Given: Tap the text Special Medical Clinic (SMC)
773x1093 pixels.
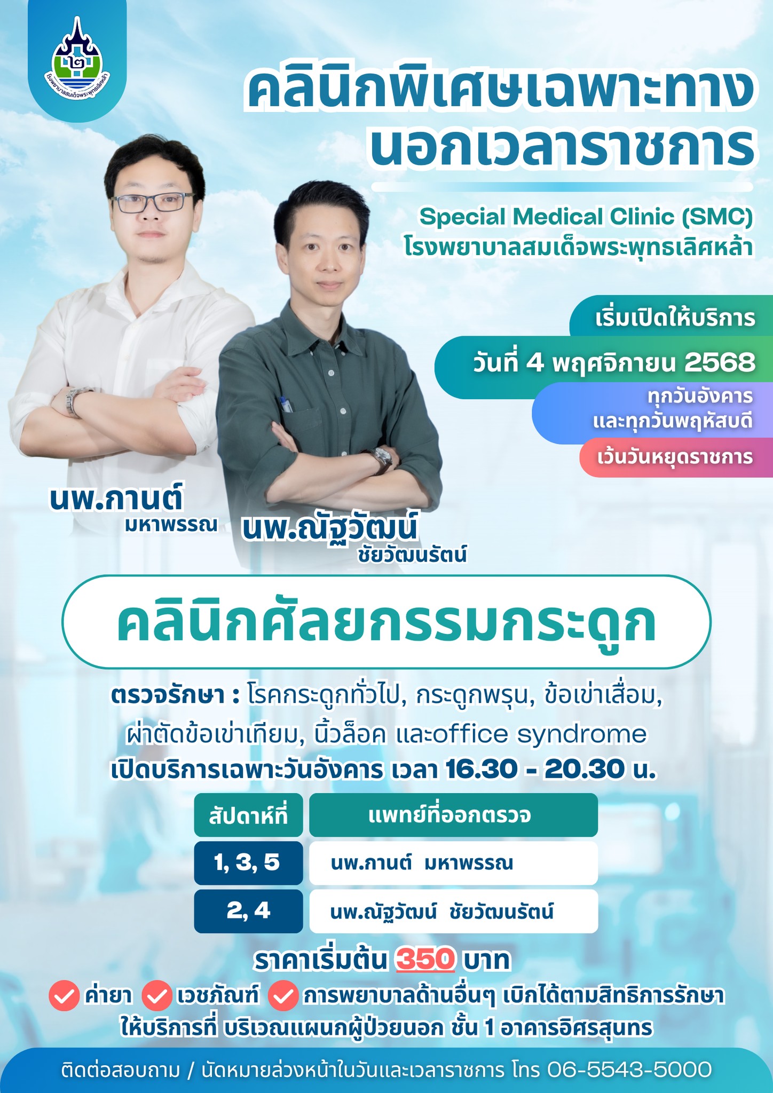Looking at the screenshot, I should tap(586, 217).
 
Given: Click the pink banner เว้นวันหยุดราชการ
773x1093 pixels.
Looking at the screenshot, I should tap(675, 457).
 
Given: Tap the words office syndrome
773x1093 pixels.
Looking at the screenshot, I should tap(540, 735).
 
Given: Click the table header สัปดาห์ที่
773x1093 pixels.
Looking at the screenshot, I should tap(248, 816).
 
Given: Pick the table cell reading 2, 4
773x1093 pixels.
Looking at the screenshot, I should tap(248, 910).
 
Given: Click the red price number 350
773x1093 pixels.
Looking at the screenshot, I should tap(425, 960).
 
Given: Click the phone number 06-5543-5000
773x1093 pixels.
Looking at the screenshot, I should tap(629, 1070).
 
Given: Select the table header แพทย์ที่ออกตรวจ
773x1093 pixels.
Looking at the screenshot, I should tap(452, 815).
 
